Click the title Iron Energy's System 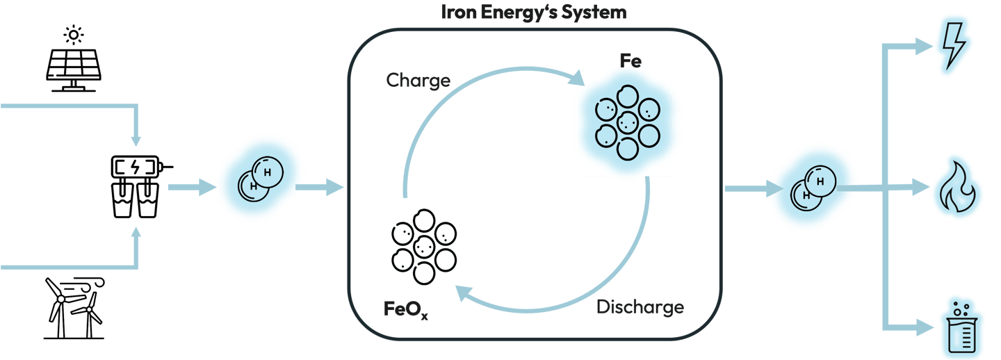click(x=534, y=12)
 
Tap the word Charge click(x=418, y=81)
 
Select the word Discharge click(x=640, y=306)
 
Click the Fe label click(x=630, y=60)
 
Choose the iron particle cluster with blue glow click(x=625, y=120)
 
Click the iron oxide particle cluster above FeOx click(x=423, y=245)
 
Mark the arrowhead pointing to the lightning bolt click(x=925, y=47)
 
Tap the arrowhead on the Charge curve click(x=577, y=79)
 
